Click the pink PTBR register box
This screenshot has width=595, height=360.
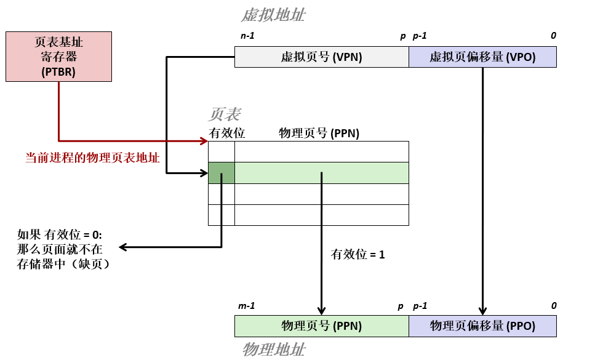pyautogui.click(x=58, y=57)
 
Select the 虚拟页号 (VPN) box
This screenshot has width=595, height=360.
pyautogui.click(x=321, y=57)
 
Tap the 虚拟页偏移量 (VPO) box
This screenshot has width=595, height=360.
pyautogui.click(x=482, y=57)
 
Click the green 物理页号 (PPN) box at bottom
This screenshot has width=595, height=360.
pyautogui.click(x=321, y=326)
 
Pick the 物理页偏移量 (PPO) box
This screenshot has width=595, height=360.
pyautogui.click(x=482, y=326)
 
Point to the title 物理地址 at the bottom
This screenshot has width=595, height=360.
pyautogui.click(x=273, y=350)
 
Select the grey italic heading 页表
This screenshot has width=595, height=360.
pyautogui.click(x=225, y=114)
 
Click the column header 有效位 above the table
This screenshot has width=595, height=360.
pyautogui.click(x=226, y=133)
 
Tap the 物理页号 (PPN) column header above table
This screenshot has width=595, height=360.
pyautogui.click(x=319, y=133)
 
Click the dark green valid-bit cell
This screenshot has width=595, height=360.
pyautogui.click(x=222, y=173)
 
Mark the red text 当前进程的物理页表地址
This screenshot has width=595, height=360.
pyautogui.click(x=92, y=158)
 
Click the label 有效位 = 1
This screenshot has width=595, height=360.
pyautogui.click(x=357, y=254)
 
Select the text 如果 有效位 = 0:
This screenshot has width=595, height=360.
pyautogui.click(x=60, y=234)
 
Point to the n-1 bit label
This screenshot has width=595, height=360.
pyautogui.click(x=247, y=36)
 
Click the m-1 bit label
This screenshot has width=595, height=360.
pyautogui.click(x=246, y=306)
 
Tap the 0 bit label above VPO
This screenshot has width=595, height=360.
pyautogui.click(x=553, y=36)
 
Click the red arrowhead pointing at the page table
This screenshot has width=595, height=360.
pyautogui.click(x=204, y=141)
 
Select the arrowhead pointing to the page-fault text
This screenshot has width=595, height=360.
pyautogui.click(x=123, y=247)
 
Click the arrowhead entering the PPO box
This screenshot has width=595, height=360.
pyautogui.click(x=483, y=311)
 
